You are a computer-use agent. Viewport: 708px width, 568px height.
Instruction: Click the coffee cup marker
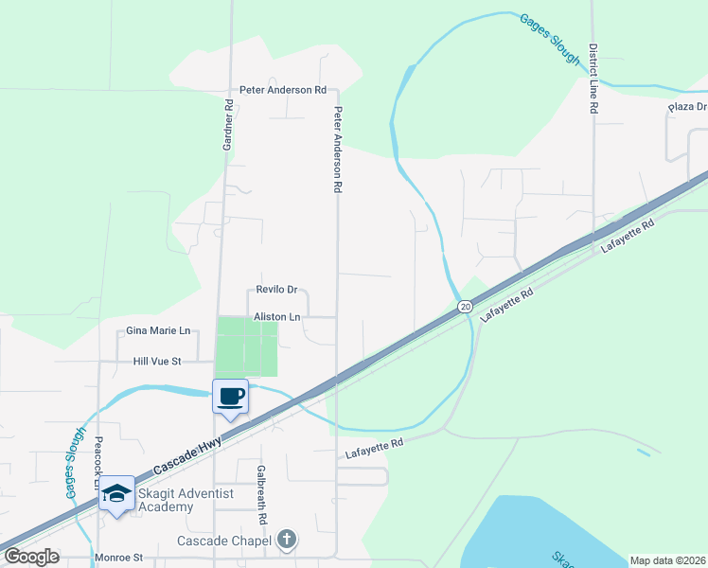click(x=230, y=395)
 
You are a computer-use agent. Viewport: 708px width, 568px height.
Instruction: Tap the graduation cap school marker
click(x=117, y=493)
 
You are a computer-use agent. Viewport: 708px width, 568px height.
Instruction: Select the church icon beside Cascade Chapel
click(x=287, y=541)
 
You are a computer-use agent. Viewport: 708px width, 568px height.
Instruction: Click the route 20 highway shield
click(x=465, y=306)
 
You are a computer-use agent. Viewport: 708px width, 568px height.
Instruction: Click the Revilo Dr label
click(x=277, y=291)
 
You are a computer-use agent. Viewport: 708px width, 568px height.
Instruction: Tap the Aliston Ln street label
click(x=276, y=317)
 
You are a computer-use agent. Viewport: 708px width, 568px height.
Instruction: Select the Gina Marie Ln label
click(x=158, y=331)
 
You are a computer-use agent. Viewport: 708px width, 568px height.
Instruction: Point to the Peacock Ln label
click(x=98, y=462)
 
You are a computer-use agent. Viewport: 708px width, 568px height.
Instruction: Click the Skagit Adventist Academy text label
click(x=179, y=500)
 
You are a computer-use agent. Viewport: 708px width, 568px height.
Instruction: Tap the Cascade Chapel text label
click(x=225, y=541)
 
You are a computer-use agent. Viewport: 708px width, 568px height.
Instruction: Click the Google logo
click(x=30, y=557)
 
